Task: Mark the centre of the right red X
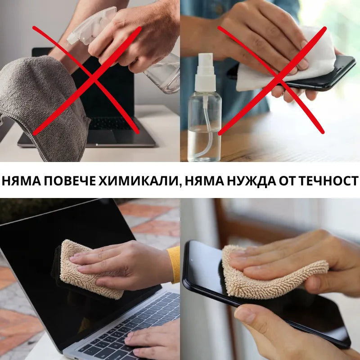click(272, 80)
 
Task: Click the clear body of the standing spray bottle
click(204, 126)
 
